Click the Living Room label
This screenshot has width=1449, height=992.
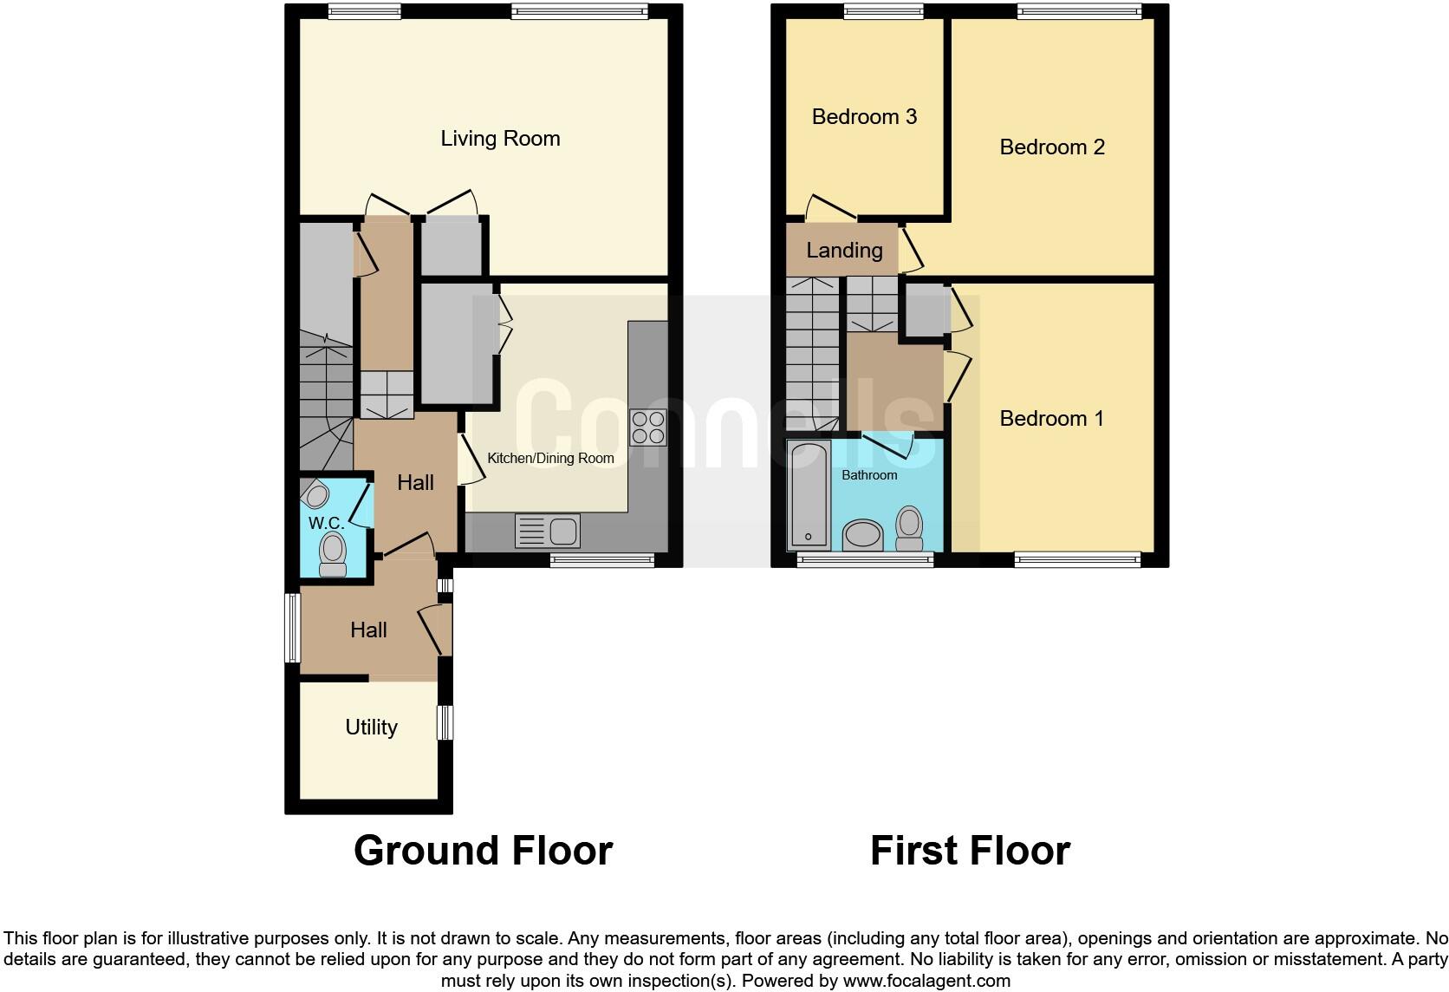point(500,139)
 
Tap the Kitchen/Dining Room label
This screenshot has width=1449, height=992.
point(550,458)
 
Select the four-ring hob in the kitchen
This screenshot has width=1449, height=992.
point(647,427)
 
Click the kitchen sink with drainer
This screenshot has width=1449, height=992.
point(547,531)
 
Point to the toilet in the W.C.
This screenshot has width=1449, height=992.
point(333,553)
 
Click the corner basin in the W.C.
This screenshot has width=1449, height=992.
point(316,495)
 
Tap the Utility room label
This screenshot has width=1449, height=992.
point(371,728)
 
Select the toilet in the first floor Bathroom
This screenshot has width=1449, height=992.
point(909,528)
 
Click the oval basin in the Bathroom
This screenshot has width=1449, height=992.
point(861,534)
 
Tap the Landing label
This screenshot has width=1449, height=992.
point(844,251)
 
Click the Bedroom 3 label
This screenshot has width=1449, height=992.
point(864,117)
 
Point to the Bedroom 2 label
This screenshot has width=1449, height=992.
point(1052,147)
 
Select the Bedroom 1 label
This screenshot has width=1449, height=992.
point(1051,419)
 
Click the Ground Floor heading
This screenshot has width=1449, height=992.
point(483,851)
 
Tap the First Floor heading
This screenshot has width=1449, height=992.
point(970,851)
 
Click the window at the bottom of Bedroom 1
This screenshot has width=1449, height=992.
point(1077,560)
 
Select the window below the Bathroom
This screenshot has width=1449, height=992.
point(865,560)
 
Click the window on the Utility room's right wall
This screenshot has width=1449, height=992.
point(445,722)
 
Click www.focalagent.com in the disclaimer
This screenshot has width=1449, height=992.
point(926,982)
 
